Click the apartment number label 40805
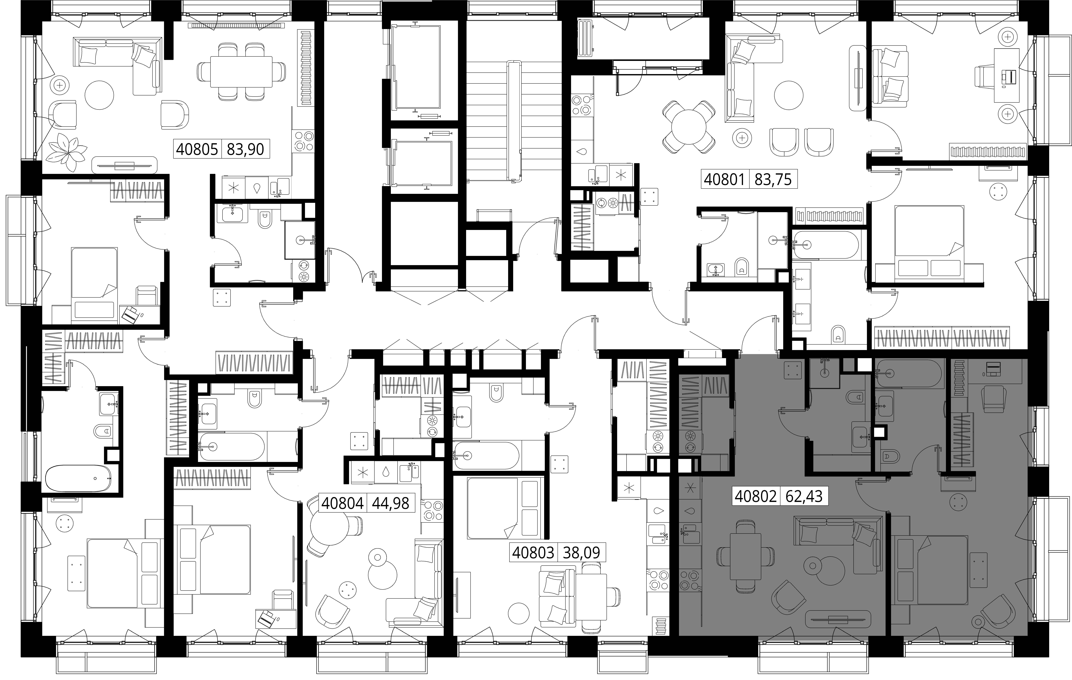point(197,149)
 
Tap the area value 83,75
point(773,179)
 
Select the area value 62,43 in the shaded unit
point(804,496)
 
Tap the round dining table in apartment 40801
point(689,127)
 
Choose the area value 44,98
point(390,503)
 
